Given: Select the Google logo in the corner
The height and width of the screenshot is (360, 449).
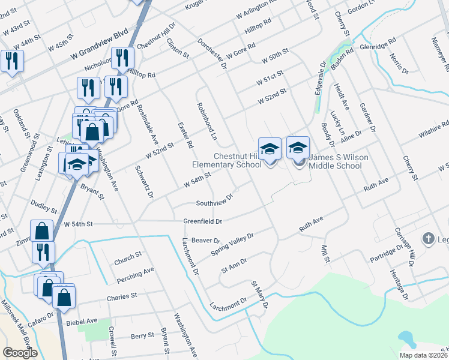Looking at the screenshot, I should pyautogui.click(x=20, y=353).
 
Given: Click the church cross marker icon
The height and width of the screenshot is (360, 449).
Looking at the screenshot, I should pyautogui.click(x=428, y=239).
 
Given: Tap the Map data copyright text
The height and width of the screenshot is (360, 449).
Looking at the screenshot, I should pyautogui.click(x=423, y=355).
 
